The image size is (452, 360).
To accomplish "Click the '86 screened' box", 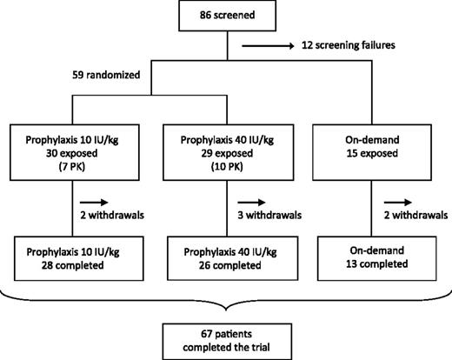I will [x=226, y=16].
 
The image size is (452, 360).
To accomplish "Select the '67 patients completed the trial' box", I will [x=226, y=337].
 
